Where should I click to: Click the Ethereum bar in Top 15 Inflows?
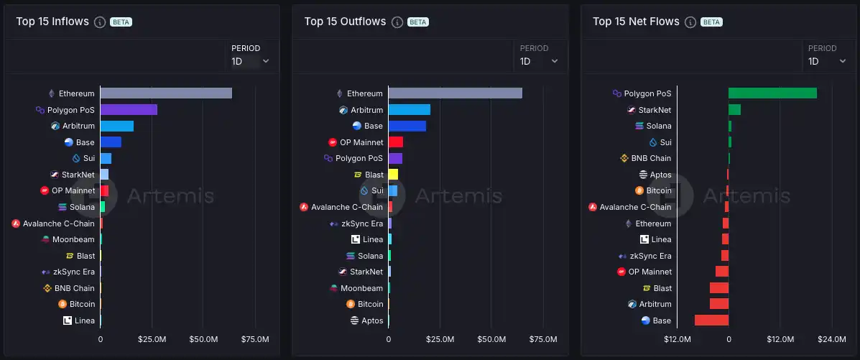[x=166, y=93]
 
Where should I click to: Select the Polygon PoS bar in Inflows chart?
[x=129, y=110]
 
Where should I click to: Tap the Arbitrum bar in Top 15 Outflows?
[x=410, y=110]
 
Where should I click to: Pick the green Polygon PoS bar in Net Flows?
[x=772, y=93]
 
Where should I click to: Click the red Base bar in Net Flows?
[x=711, y=320]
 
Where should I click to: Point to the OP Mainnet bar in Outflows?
[x=396, y=142]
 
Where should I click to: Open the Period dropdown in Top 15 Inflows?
[x=251, y=61]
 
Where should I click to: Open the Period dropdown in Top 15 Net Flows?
[x=827, y=61]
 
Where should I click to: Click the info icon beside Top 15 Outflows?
[x=397, y=22]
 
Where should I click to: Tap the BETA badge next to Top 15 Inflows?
[x=121, y=22]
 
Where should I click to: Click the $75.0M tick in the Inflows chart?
[x=254, y=339]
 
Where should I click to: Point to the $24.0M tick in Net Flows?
[x=831, y=339]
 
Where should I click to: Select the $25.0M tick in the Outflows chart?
[x=440, y=339]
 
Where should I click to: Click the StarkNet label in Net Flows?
[x=655, y=110]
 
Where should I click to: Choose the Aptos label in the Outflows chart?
[x=372, y=320]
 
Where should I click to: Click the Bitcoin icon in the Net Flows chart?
[x=639, y=191]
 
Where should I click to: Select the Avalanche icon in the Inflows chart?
[x=16, y=223]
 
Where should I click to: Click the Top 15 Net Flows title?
[x=636, y=22]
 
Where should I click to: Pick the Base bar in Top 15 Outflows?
[x=407, y=126]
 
